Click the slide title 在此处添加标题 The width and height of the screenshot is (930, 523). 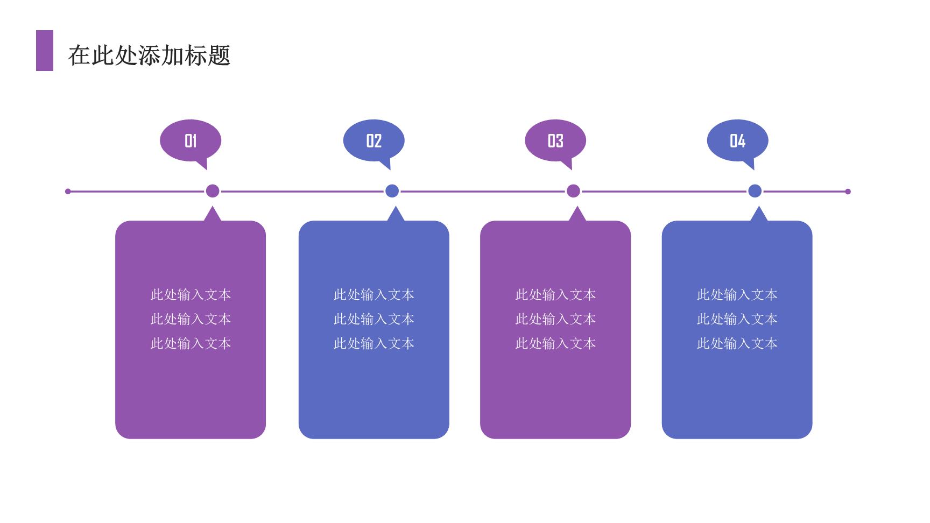(150, 55)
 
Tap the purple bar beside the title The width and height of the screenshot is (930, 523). (45, 51)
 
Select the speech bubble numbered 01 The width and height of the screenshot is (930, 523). (191, 143)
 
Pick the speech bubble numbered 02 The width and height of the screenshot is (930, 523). (374, 143)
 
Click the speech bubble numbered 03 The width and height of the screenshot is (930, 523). (555, 143)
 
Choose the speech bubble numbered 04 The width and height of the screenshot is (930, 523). (737, 143)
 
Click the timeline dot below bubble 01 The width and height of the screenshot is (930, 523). (213, 191)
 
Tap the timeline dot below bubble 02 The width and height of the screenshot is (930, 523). (392, 191)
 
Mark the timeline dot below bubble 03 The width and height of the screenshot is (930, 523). (573, 191)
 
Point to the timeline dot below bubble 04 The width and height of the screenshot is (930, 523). (755, 191)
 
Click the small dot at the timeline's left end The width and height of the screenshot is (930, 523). (68, 192)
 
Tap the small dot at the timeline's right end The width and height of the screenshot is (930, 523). (848, 192)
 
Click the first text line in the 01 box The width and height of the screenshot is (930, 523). (191, 295)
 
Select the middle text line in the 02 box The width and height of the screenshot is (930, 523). (374, 319)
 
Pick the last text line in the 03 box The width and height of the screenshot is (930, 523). (555, 343)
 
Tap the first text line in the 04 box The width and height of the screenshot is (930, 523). (737, 295)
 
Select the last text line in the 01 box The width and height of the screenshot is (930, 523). (191, 343)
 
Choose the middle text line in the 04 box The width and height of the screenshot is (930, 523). (737, 319)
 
